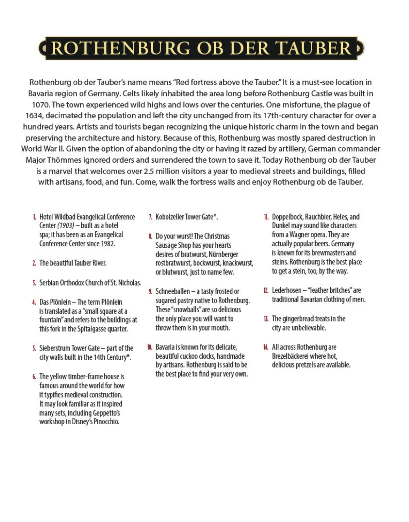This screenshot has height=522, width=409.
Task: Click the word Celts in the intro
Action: [132, 94]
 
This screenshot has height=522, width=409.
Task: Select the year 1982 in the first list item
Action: [107, 244]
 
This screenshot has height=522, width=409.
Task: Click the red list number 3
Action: [34, 283]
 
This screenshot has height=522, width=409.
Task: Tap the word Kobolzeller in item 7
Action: [169, 217]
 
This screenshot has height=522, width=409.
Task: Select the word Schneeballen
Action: [173, 292]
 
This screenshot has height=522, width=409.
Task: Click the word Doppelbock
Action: [287, 217]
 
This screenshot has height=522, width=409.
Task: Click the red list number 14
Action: [266, 347]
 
